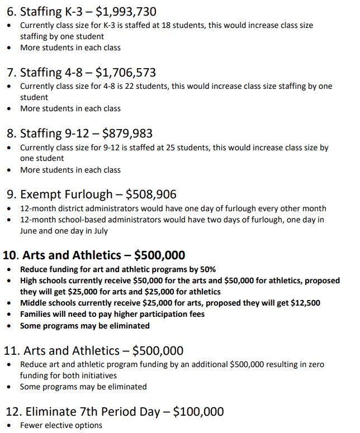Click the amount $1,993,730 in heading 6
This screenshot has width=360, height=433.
point(126,11)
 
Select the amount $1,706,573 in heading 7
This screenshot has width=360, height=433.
point(126,73)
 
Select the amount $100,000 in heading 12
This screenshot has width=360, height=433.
point(198,412)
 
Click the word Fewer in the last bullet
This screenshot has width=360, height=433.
point(31,426)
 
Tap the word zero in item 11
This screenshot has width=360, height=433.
point(311,364)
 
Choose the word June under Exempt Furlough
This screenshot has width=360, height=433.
point(29,230)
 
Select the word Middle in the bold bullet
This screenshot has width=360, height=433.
point(34,303)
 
